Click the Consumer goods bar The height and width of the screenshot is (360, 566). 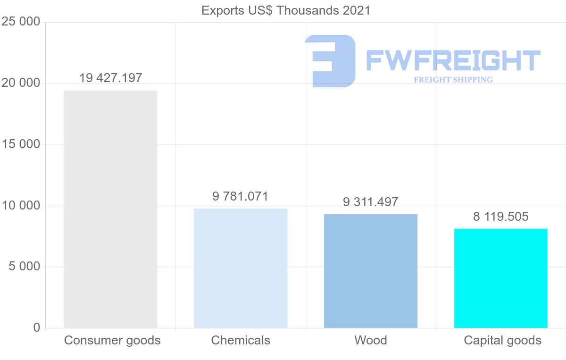click(x=110, y=209)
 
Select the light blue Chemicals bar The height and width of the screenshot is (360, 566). click(x=241, y=268)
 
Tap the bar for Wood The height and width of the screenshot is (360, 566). click(x=371, y=271)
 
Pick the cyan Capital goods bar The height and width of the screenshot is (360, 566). click(x=501, y=278)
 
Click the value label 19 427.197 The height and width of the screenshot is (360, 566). click(x=110, y=78)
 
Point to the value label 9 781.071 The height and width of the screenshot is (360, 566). click(x=241, y=196)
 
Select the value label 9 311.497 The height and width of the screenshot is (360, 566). click(x=371, y=202)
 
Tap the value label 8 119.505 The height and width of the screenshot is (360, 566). click(x=501, y=217)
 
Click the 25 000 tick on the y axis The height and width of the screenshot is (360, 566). click(x=21, y=22)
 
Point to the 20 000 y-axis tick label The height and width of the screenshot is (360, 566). click(x=21, y=84)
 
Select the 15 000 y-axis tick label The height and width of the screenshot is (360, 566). click(x=21, y=144)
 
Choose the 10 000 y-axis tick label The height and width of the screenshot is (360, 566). click(x=21, y=206)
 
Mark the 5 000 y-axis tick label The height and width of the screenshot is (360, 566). click(x=25, y=267)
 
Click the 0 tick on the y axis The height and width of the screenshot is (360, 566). click(x=37, y=328)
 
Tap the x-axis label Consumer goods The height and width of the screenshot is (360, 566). click(x=112, y=340)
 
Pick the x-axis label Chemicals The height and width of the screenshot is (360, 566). click(x=241, y=340)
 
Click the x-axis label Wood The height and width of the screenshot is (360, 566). click(x=371, y=340)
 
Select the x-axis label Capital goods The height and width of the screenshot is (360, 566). click(x=503, y=340)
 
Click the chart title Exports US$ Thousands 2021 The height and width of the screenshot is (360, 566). click(x=286, y=10)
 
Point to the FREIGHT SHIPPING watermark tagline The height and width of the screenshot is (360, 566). click(x=453, y=80)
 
